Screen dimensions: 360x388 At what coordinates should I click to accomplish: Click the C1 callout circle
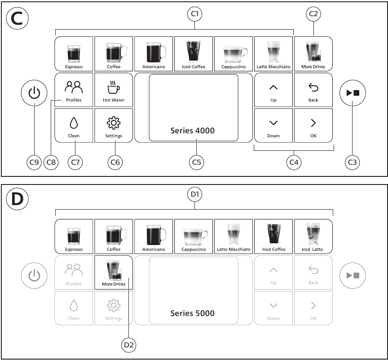[195, 14]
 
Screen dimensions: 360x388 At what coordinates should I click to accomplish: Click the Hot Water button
[114, 90]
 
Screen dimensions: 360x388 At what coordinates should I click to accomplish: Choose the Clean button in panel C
[74, 125]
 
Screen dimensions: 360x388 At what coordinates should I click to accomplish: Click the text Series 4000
[193, 131]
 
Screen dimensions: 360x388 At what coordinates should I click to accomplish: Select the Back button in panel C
[313, 90]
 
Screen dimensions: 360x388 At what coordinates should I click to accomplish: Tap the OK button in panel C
[313, 125]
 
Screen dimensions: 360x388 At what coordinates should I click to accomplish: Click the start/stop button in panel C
[353, 93]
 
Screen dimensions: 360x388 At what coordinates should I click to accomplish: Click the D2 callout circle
[128, 345]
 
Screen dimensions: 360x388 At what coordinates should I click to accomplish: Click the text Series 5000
[193, 313]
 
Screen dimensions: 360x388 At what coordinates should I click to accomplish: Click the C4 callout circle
[294, 162]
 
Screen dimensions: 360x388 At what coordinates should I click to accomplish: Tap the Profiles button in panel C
[74, 90]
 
